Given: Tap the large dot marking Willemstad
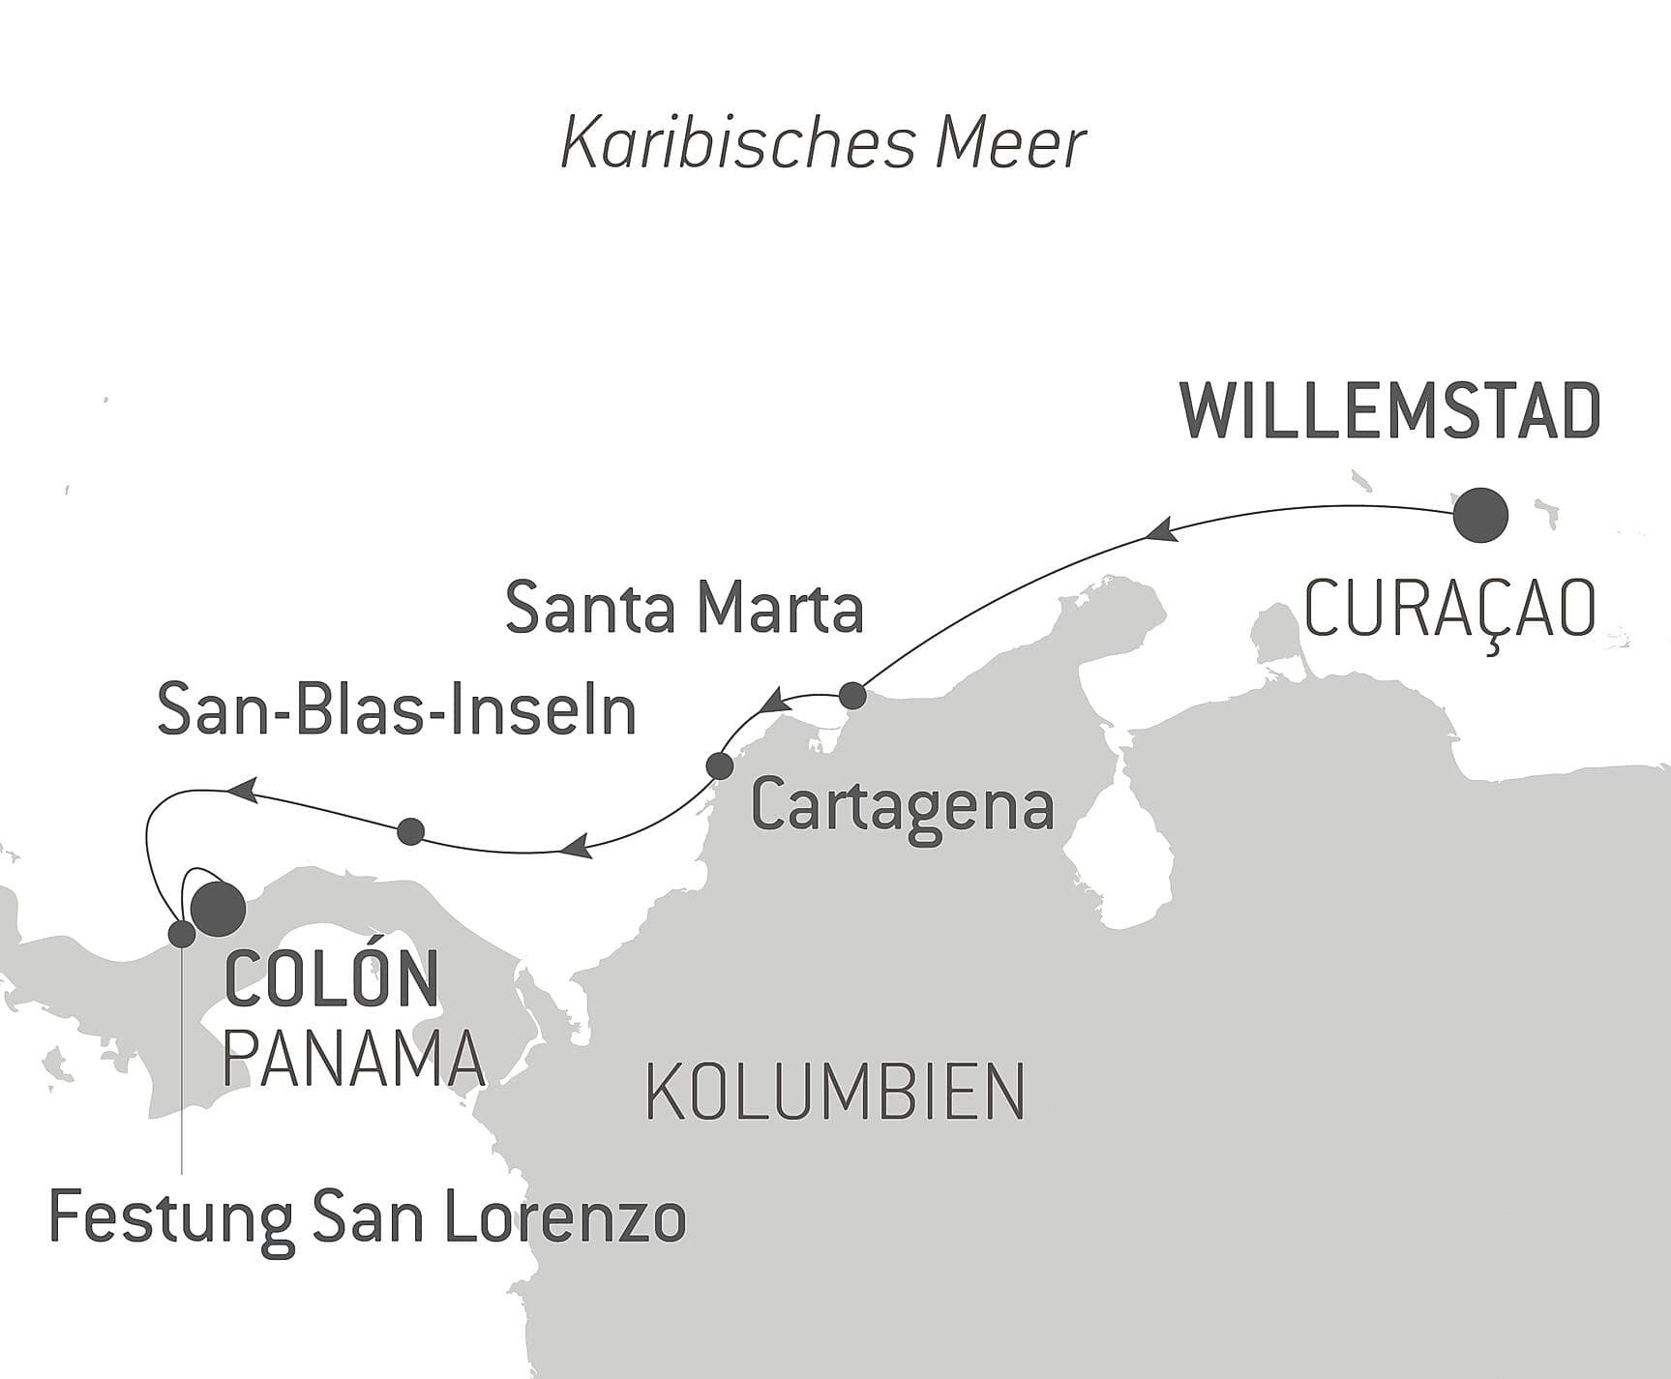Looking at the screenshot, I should pyautogui.click(x=1480, y=515).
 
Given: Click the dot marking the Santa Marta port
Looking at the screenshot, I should pyautogui.click(x=852, y=696).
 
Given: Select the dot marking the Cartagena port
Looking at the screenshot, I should pyautogui.click(x=720, y=765).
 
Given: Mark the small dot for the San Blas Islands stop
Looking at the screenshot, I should pyautogui.click(x=411, y=830).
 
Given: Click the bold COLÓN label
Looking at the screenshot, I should pyautogui.click(x=332, y=980).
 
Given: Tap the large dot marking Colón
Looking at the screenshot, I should pyautogui.click(x=219, y=908).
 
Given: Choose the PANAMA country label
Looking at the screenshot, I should pyautogui.click(x=353, y=1059).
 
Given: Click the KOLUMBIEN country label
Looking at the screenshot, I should pyautogui.click(x=834, y=1092).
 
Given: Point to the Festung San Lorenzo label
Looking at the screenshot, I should pyautogui.click(x=368, y=1218).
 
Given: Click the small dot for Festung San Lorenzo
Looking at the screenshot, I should pyautogui.click(x=182, y=934).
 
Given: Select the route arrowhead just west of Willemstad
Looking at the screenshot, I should pyautogui.click(x=1159, y=530).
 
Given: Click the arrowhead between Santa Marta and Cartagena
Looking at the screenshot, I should pyautogui.click(x=776, y=702).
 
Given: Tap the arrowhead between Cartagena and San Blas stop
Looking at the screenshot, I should pyautogui.click(x=577, y=848).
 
